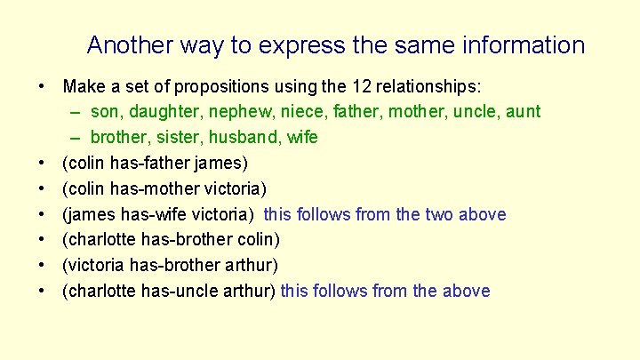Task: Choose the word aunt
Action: (521, 112)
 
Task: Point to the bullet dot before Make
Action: (43, 87)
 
